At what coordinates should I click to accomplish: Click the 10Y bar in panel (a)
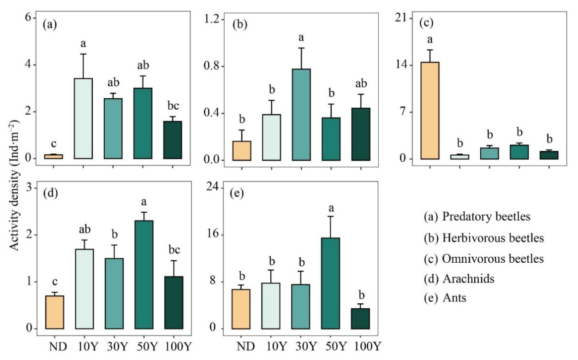coord(83,118)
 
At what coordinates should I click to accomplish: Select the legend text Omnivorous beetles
coord(483,259)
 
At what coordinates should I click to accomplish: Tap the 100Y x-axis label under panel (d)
coord(173,346)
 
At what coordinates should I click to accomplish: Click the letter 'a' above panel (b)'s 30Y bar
coord(302,37)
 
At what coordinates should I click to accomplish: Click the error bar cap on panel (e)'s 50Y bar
coord(329,217)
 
